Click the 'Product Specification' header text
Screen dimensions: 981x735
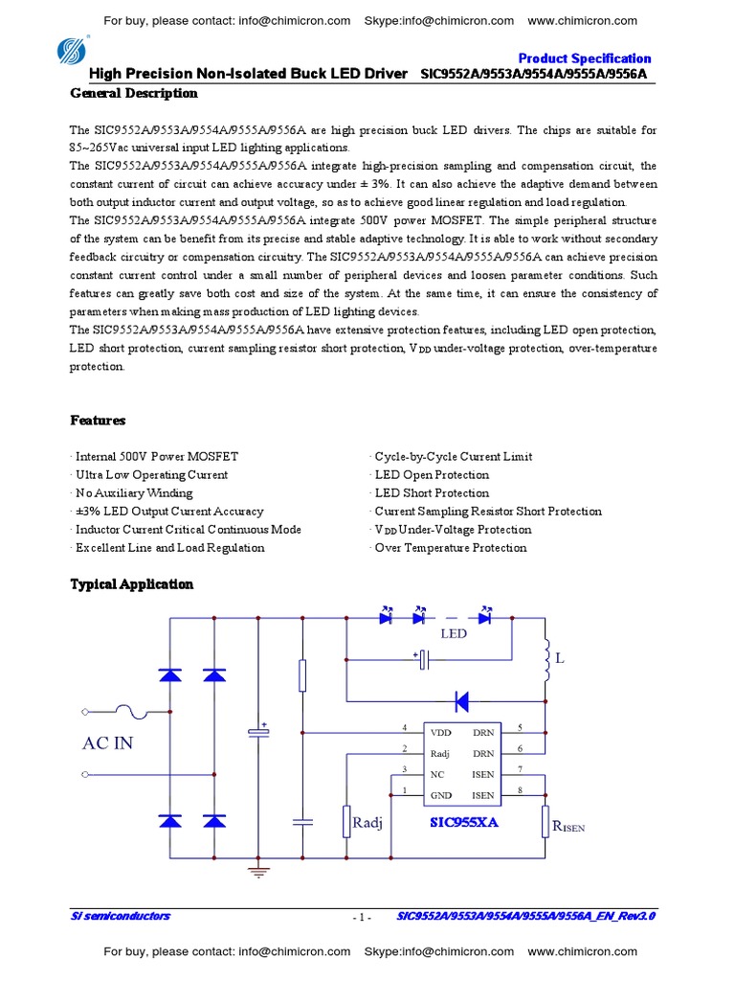pos(584,58)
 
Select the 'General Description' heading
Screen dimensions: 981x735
pos(134,93)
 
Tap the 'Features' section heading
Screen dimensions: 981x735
pos(98,421)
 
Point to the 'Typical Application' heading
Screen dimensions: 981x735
pos(132,584)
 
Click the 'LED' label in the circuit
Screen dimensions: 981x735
pos(453,634)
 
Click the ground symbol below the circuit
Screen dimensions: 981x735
pos(256,872)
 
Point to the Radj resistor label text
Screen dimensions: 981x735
pos(367,823)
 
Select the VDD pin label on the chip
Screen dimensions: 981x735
pos(440,733)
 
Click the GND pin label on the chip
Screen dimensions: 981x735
pos(440,795)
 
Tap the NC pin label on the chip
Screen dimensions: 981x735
pos(437,774)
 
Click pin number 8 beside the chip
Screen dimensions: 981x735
pos(520,790)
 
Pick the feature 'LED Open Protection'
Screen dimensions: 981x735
pos(431,475)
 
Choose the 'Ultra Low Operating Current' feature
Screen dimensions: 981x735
pos(150,475)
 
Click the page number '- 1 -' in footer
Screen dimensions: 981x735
pos(362,918)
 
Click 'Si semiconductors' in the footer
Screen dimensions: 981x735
pos(121,917)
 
